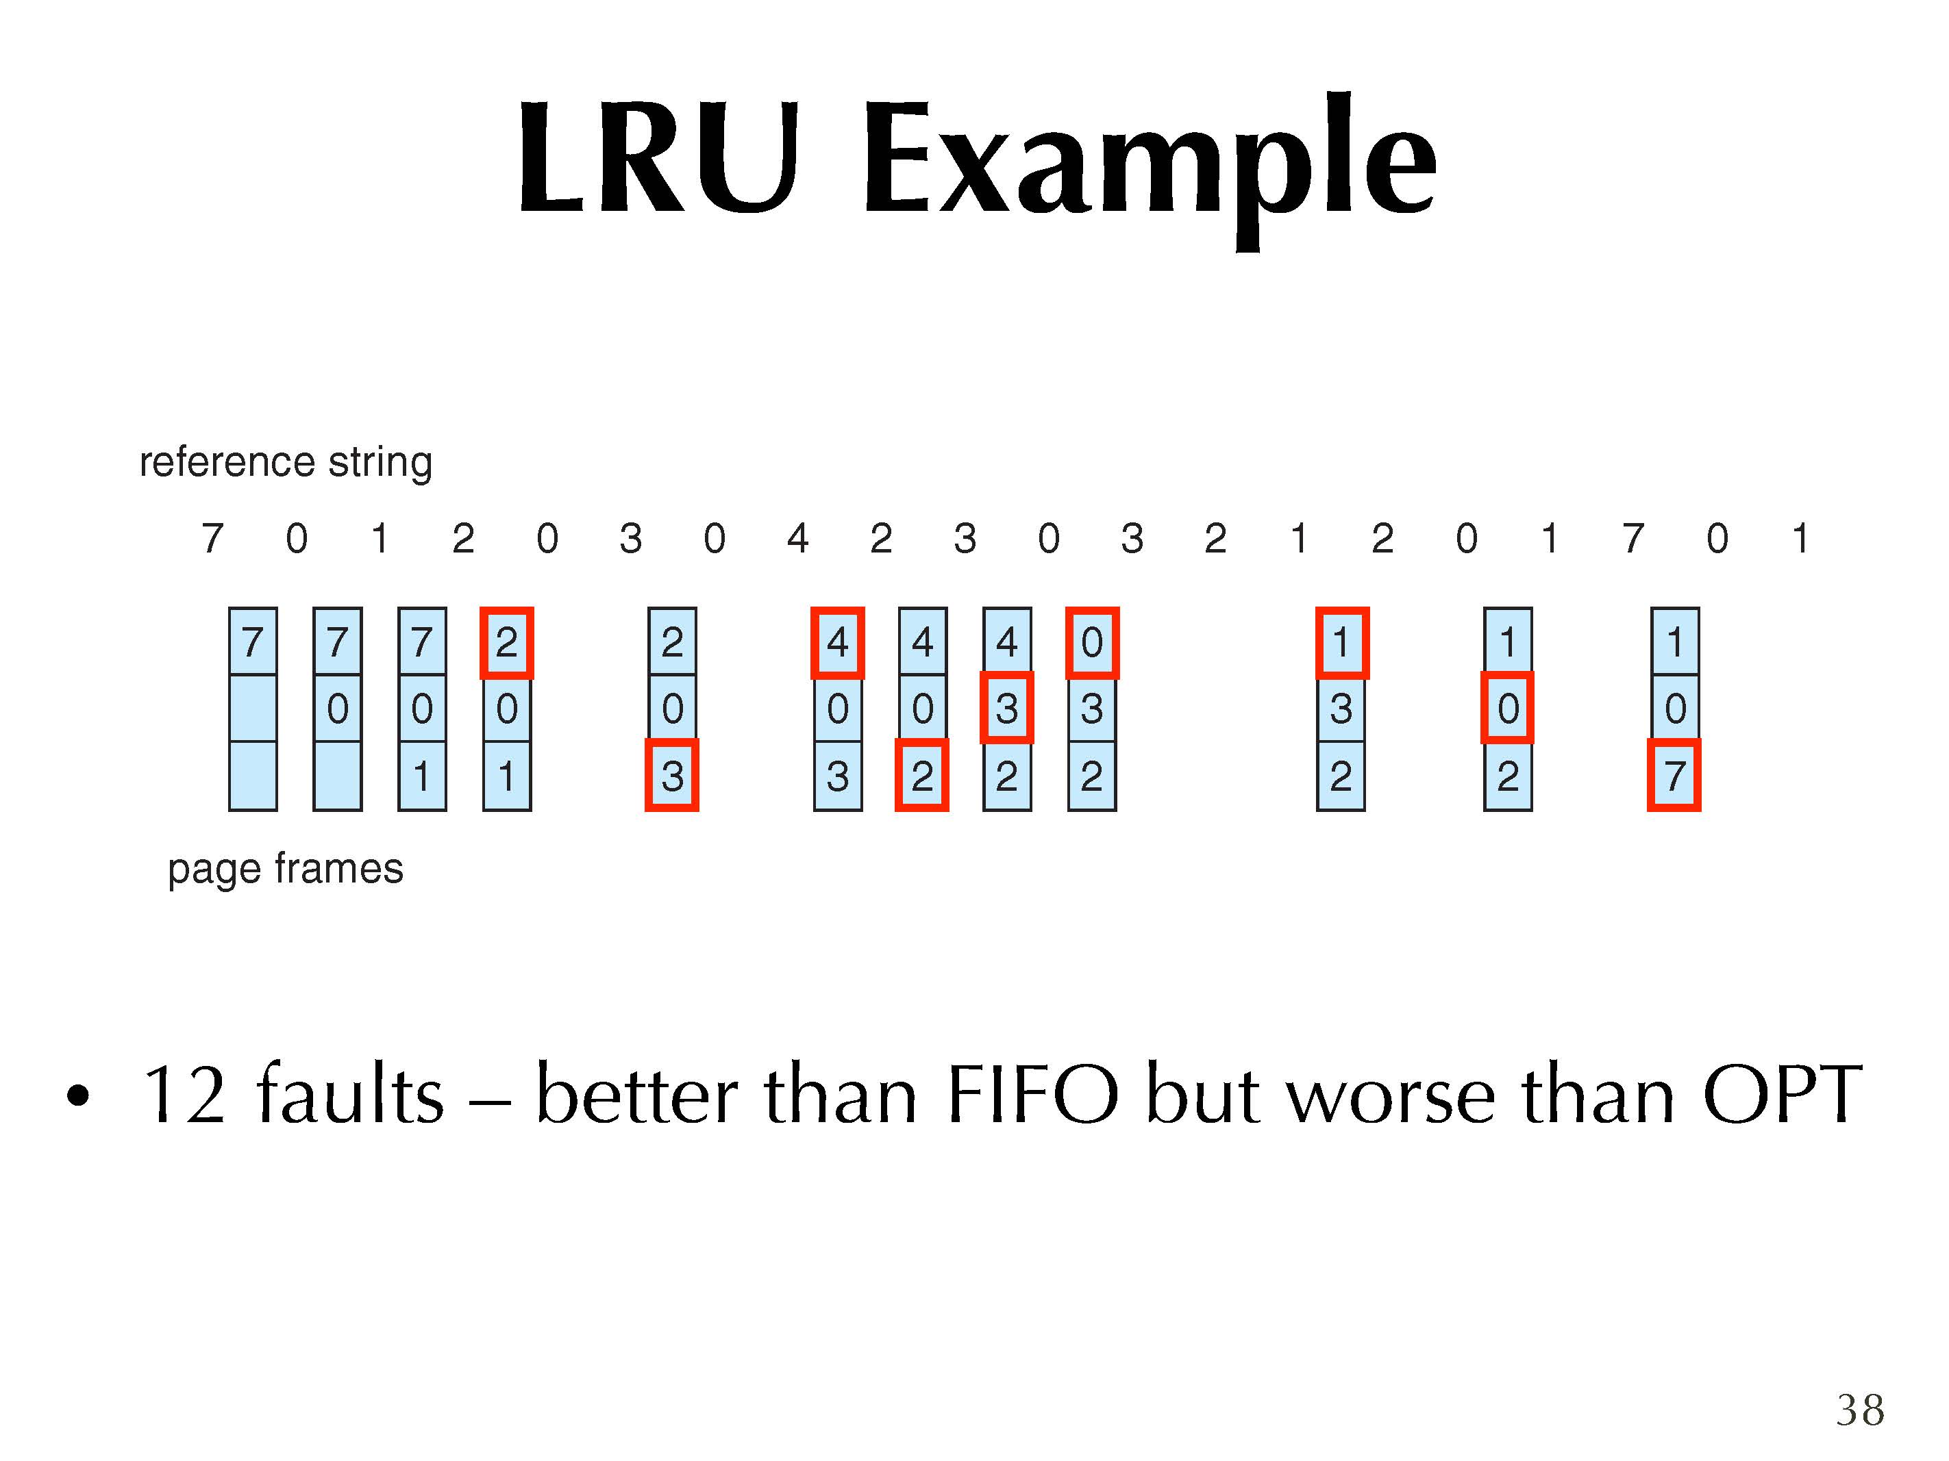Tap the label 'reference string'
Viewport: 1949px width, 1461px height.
[x=286, y=461]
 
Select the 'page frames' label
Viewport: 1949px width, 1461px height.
[x=286, y=868]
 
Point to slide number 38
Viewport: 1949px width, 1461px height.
[x=1860, y=1411]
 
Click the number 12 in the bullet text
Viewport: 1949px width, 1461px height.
[x=184, y=1095]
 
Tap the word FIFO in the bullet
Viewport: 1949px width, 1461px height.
[x=1032, y=1095]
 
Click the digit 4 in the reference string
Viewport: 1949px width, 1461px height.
[x=797, y=538]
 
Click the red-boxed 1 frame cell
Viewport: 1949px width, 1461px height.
[x=1341, y=642]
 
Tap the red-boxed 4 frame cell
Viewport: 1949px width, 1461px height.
[x=837, y=642]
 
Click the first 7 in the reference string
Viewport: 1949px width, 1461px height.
[x=212, y=538]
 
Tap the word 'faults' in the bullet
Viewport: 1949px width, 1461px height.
[x=350, y=1095]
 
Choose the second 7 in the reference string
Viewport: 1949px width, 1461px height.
[x=1633, y=538]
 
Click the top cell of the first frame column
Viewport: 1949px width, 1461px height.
[x=253, y=642]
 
